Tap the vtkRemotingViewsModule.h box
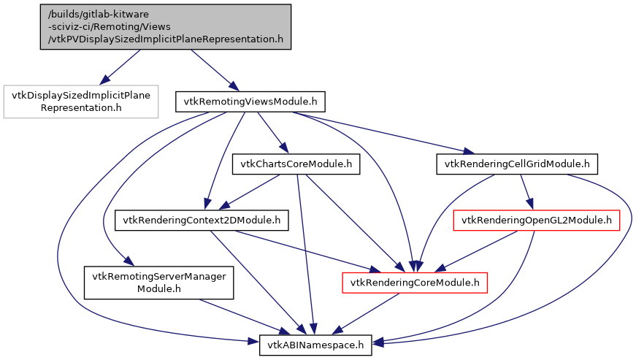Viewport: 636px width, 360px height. (x=250, y=101)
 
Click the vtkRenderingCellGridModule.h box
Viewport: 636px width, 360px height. (x=517, y=164)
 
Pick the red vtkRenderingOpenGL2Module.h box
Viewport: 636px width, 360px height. (x=537, y=219)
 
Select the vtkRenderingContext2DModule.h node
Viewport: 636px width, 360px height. (x=202, y=219)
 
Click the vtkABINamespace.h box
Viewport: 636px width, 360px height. (x=316, y=343)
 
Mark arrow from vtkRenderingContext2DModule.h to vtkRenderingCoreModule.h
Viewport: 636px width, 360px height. (x=307, y=250)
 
